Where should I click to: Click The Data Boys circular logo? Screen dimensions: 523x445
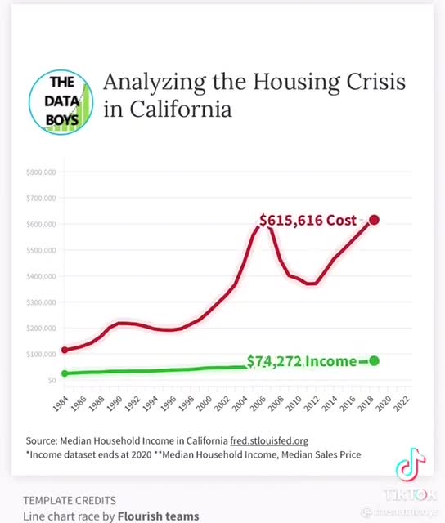61,100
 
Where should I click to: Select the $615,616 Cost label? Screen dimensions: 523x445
308,220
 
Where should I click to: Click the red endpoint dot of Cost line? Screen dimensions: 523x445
374,220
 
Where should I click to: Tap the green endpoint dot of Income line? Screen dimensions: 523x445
374,361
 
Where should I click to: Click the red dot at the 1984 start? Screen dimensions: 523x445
65,350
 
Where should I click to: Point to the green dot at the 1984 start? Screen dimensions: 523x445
65,373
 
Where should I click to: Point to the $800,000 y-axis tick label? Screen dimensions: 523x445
40,172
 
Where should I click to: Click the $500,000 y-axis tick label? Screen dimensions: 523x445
40,250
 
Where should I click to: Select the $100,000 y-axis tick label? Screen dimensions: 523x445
40,354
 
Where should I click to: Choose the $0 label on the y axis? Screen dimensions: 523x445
51,380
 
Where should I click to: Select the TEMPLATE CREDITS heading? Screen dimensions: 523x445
69,500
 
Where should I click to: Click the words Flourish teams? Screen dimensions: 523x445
158,516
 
